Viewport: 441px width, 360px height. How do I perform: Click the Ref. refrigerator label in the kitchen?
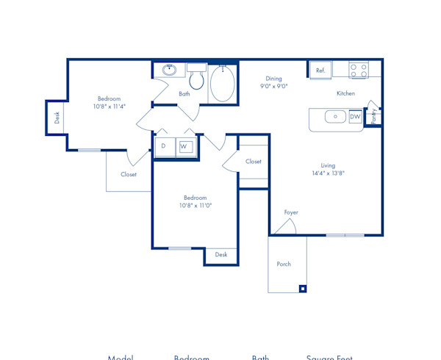(320, 71)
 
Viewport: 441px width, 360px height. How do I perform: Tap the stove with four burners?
(358, 71)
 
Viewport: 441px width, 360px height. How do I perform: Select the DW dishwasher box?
(355, 117)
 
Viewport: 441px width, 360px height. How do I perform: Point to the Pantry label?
(374, 115)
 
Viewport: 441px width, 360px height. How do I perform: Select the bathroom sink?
(170, 71)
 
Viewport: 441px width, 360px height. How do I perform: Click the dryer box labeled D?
(164, 146)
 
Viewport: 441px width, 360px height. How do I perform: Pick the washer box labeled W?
(184, 146)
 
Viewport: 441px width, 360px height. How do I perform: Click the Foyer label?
(291, 212)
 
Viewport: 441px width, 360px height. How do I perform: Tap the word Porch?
(284, 264)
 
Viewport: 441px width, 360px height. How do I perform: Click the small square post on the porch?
(302, 289)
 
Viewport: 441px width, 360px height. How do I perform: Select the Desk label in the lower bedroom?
(221, 255)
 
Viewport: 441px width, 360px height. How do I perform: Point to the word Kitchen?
(345, 93)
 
